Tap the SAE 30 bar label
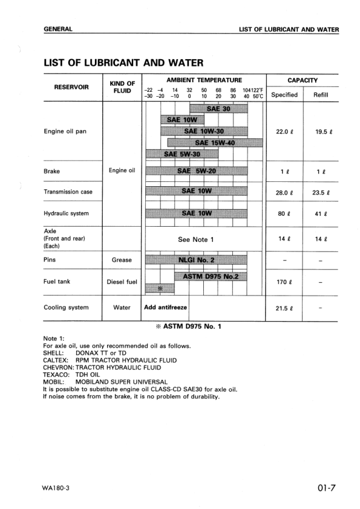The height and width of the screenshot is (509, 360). [218, 109]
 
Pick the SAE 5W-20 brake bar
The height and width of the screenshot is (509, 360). [197, 171]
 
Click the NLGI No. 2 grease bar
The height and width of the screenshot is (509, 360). [197, 260]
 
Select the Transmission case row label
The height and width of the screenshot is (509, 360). [68, 192]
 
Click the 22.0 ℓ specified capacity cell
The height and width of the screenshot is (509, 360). [284, 131]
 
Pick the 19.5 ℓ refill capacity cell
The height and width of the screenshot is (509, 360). [319, 131]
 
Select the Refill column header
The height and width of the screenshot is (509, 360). [319, 94]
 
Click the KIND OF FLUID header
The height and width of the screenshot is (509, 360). [122, 87]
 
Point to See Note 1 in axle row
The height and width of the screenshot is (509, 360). [196, 239]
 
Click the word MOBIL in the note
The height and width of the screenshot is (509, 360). [54, 383]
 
